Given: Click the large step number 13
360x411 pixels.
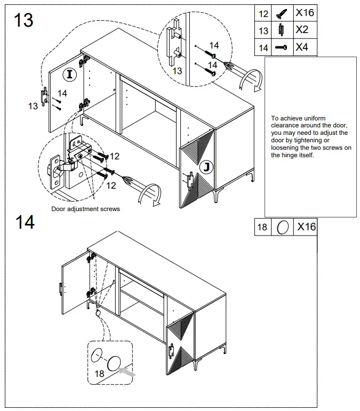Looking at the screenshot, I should pos(23,21).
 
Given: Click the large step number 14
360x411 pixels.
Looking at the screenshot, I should pos(25,222).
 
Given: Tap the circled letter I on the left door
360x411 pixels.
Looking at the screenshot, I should pos(69,74).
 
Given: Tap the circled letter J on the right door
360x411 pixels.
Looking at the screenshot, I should pos(206,167).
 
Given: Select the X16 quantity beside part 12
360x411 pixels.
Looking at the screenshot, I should pos(306,13).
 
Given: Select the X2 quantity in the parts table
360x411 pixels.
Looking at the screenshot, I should pos(302,30).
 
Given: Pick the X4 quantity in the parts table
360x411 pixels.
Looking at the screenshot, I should pos(302,47).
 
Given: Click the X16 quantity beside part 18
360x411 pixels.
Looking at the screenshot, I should pos(306,227).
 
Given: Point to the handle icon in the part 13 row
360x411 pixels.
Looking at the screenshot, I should pos(281,30).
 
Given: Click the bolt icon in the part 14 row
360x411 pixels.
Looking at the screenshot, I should pos(281,47).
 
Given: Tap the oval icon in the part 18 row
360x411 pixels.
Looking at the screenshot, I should pos(283,228).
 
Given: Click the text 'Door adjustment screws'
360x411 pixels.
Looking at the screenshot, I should pos(85,209).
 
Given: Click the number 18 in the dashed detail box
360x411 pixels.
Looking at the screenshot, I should pos(99,374).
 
